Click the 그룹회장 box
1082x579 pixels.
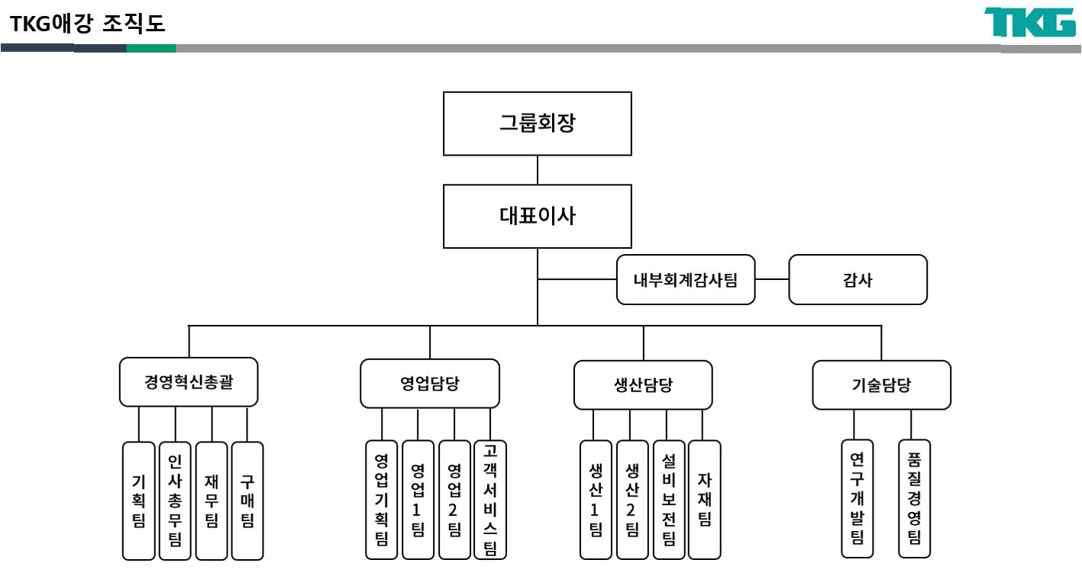coord(538,124)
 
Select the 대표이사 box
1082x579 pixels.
coord(538,216)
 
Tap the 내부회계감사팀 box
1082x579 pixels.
coord(686,280)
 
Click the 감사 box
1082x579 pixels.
coord(858,280)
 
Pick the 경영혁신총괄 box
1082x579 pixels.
coord(189,382)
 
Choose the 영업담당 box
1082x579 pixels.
coord(430,383)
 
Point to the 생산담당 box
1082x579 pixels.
coord(643,384)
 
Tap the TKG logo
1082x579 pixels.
coord(1029,23)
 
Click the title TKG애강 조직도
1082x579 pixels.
coord(89,24)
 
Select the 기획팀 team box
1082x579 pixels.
coord(139,500)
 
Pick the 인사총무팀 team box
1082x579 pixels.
coord(175,500)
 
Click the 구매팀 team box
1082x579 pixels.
coord(247,500)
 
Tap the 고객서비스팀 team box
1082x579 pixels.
coord(490,500)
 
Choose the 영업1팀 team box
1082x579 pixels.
coord(418,500)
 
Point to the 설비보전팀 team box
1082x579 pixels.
coord(669,500)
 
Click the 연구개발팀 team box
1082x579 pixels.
coord(857,498)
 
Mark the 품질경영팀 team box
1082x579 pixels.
coord(914,498)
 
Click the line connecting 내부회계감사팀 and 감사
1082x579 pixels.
coord(771,280)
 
